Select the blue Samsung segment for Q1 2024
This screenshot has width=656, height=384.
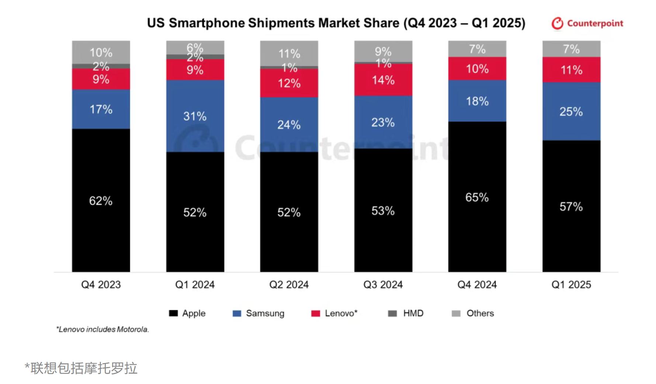point(195,133)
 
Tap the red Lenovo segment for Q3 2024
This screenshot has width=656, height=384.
point(383,89)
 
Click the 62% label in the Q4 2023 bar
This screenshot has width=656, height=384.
point(101,201)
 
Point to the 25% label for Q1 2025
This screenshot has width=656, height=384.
point(571,111)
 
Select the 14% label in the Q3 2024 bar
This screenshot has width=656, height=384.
point(383,80)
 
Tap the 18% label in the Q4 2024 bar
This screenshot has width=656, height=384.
point(477,101)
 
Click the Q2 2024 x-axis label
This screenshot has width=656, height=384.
point(289,285)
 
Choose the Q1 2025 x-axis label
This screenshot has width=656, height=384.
point(571,285)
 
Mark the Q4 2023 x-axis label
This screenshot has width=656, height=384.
point(101,285)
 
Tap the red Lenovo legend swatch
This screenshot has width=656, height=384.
point(316,314)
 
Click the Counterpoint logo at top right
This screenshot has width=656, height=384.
point(587,23)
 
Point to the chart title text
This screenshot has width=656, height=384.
point(336,23)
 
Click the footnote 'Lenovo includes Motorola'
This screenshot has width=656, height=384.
point(103,329)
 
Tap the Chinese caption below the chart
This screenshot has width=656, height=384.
point(81,368)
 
